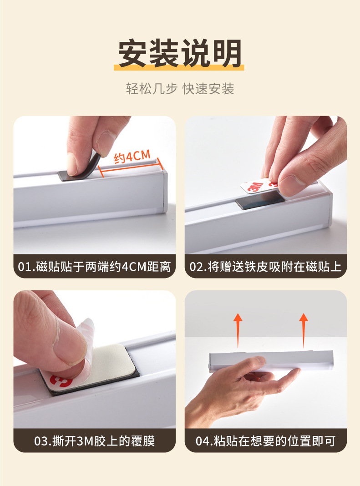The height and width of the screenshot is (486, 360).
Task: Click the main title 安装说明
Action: pyautogui.click(x=180, y=54)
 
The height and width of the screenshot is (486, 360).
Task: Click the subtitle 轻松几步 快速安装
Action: pyautogui.click(x=180, y=88)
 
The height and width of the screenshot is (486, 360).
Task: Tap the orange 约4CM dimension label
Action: pyautogui.click(x=132, y=157)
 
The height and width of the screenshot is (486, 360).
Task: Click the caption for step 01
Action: pyautogui.click(x=95, y=267)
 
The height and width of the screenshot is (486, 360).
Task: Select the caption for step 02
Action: pyautogui.click(x=265, y=267)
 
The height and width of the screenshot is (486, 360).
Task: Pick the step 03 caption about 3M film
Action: pyautogui.click(x=95, y=441)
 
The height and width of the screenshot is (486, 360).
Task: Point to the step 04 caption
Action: pyautogui.click(x=265, y=441)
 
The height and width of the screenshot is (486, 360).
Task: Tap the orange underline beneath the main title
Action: pyautogui.click(x=180, y=67)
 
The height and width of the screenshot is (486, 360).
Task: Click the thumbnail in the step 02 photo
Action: pyautogui.click(x=291, y=184)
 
